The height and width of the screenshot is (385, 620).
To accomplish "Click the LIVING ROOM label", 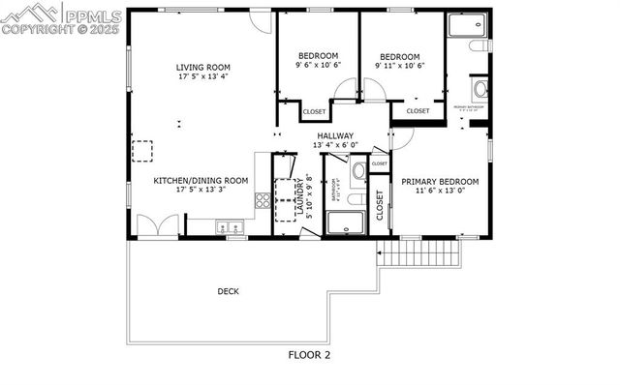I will pos(202,68).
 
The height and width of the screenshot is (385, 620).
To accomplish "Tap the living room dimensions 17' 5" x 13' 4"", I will pos(202,77).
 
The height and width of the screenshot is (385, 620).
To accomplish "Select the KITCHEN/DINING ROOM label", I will pos(201,180).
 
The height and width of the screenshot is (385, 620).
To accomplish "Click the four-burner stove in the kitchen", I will pos(262,201).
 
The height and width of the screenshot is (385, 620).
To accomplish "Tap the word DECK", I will pos(229,291).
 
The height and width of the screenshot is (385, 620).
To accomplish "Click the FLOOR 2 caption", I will pos(309,355).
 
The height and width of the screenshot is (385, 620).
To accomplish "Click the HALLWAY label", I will pos(335,136).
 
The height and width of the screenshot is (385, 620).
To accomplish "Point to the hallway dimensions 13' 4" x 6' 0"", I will pos(335,146).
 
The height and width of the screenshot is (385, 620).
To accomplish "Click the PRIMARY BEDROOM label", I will pos(440,181).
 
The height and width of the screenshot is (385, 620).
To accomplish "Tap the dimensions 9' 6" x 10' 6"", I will pos(318,66).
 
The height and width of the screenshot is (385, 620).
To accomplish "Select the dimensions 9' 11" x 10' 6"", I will pos(400,66).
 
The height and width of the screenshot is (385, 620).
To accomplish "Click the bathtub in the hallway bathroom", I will pos(344,223).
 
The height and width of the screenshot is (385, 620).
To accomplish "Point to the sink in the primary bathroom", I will pos(480,92).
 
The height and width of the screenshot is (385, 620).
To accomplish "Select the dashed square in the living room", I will pos(144,151).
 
